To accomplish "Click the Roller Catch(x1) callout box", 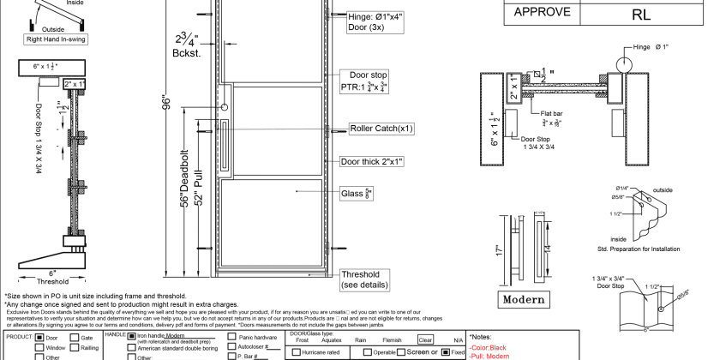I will (x=381, y=129).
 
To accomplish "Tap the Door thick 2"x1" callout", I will (x=373, y=161).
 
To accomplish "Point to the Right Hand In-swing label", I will (x=57, y=39).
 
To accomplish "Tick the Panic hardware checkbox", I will (x=232, y=336).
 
